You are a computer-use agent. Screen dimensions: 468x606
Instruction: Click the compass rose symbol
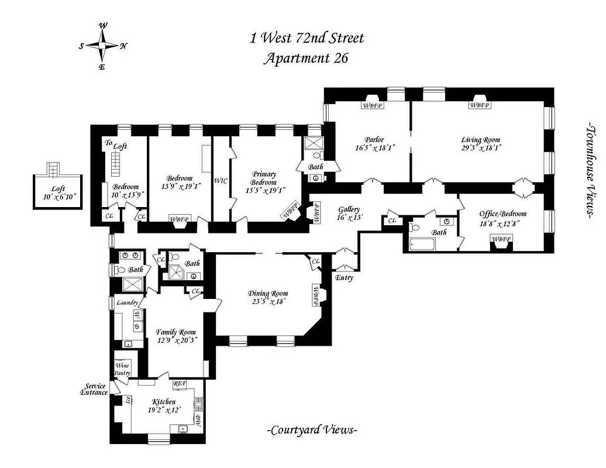[x=103, y=46]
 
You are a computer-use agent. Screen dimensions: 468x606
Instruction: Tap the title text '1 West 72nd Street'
[x=307, y=39]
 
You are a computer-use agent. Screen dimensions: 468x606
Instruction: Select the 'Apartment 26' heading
[x=307, y=58]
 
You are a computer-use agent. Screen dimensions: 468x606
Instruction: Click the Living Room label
[x=481, y=140]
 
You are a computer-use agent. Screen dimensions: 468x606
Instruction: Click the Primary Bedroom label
[x=264, y=178]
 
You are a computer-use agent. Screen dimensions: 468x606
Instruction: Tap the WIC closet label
[x=221, y=181]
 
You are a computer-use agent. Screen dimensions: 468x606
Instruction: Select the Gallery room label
[x=349, y=209]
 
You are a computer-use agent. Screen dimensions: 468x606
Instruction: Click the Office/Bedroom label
[x=502, y=214]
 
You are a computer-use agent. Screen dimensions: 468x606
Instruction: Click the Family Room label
[x=176, y=332]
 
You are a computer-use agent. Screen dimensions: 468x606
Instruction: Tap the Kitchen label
[x=163, y=402]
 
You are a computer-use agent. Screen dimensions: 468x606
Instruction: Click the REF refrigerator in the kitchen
[x=180, y=384]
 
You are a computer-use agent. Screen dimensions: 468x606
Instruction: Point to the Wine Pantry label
[x=123, y=369]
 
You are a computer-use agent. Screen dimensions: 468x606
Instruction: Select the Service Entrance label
[x=95, y=389]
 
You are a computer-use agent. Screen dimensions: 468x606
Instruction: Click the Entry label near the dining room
[x=344, y=278]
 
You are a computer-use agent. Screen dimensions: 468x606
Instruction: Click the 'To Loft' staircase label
[x=116, y=144]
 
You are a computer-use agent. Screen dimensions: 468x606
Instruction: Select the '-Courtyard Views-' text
[x=312, y=431]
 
